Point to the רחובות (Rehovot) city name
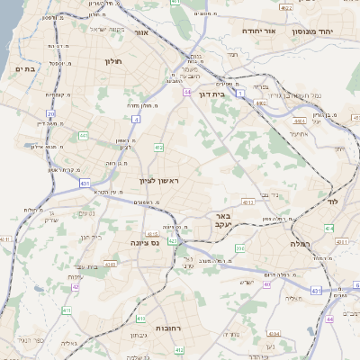[169, 328]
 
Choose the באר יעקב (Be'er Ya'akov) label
[224, 221]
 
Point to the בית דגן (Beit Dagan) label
[211, 93]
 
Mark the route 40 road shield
[267, 284]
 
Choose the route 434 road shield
[329, 229]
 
